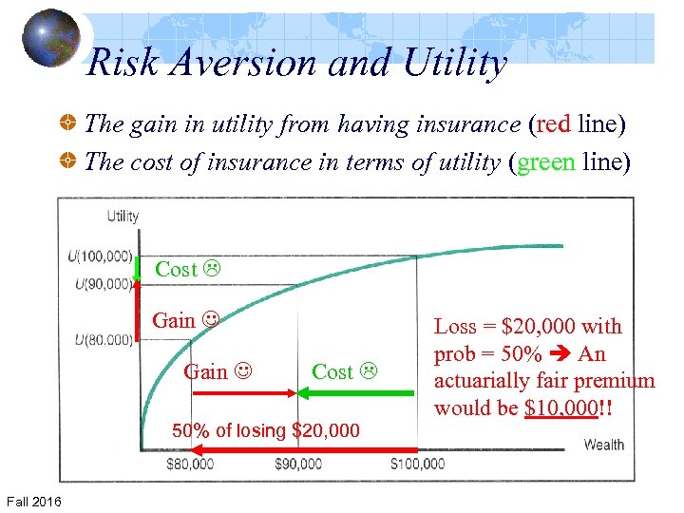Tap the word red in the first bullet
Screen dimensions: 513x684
pyautogui.click(x=553, y=124)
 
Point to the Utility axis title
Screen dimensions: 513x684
pyautogui.click(x=123, y=217)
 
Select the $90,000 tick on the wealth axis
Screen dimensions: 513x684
pyautogui.click(x=299, y=464)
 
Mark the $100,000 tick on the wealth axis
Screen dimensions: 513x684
pyautogui.click(x=418, y=464)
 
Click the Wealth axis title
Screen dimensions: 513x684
pyautogui.click(x=604, y=444)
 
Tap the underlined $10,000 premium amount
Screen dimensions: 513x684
pyautogui.click(x=560, y=408)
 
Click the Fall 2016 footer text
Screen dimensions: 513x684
pyautogui.click(x=33, y=501)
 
